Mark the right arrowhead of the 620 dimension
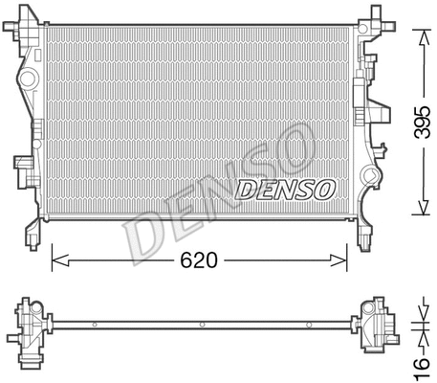tap(340, 259)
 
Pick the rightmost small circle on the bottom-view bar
tap(317, 326)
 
